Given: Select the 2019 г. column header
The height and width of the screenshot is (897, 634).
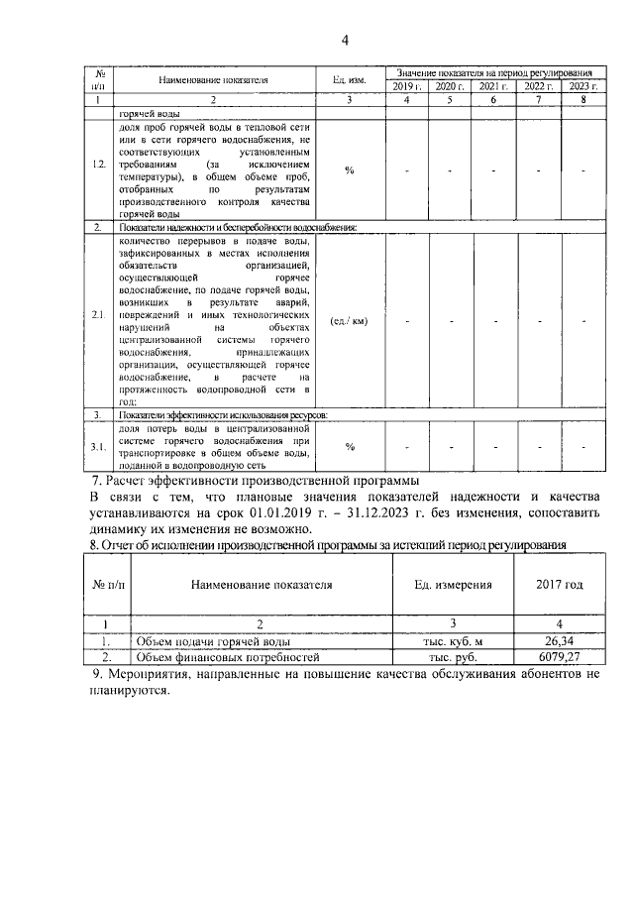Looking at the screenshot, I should coord(406,86).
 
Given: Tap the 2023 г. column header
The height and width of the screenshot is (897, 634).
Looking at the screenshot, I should coord(583,86).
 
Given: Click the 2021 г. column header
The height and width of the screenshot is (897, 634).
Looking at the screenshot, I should coord(494,86).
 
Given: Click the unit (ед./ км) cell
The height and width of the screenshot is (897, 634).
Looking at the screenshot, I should coord(349,320).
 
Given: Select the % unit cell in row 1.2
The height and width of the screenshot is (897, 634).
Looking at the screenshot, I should coord(349,169).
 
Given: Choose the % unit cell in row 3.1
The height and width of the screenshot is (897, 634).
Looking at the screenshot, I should coord(349,446).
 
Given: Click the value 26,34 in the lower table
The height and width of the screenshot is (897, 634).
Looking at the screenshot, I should coord(561,642).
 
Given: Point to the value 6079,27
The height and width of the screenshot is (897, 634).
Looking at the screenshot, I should coord(561,657).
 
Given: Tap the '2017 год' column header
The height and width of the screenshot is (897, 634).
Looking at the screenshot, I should coord(561,585).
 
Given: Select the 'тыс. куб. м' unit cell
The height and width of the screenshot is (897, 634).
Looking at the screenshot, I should coord(453,642).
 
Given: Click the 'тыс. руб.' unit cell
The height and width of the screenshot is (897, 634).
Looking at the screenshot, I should coord(453,657).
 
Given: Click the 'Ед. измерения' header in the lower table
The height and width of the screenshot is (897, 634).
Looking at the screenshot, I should coord(453,585).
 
